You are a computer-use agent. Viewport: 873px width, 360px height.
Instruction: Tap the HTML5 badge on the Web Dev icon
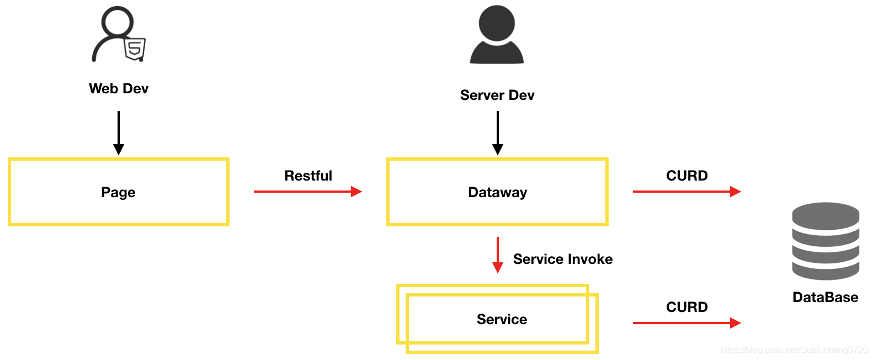(x=134, y=50)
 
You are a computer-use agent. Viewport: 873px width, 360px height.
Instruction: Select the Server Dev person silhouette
(x=497, y=35)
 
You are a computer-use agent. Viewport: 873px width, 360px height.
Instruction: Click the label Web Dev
(x=119, y=89)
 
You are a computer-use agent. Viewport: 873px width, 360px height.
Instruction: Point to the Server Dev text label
(x=497, y=96)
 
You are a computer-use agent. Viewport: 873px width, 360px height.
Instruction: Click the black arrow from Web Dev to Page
(x=119, y=133)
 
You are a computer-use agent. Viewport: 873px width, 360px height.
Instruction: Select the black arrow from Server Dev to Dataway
(x=497, y=133)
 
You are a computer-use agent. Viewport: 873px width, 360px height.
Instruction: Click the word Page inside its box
(x=118, y=192)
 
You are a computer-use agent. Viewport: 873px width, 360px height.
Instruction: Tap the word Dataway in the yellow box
(x=497, y=192)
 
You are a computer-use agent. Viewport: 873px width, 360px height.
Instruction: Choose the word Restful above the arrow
(x=308, y=176)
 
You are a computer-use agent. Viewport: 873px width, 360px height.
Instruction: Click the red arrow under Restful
(x=307, y=192)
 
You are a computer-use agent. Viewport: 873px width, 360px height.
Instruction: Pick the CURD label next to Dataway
(x=686, y=176)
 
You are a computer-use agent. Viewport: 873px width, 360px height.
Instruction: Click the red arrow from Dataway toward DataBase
(x=686, y=192)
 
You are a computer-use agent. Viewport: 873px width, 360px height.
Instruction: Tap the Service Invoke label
(x=562, y=259)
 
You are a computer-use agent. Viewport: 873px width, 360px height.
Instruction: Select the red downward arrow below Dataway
(x=497, y=255)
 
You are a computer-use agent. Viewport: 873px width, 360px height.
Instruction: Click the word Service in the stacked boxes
(x=502, y=319)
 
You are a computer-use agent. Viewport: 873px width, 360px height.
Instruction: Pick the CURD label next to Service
(x=686, y=307)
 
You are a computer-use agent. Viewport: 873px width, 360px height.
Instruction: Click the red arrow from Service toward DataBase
(x=686, y=323)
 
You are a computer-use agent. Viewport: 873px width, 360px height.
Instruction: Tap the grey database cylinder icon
(x=826, y=241)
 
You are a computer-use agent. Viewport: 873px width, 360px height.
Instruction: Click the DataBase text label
(x=825, y=298)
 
